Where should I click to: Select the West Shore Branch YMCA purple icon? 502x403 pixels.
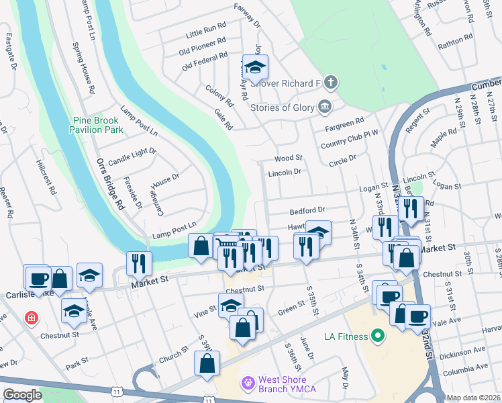[x=248, y=382]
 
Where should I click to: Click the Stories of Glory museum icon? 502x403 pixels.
[x=325, y=107]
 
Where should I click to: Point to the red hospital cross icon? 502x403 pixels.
[x=31, y=317]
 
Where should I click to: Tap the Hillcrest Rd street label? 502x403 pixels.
[x=46, y=177]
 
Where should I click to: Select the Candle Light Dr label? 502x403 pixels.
[x=132, y=156]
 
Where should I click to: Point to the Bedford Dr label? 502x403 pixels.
[x=307, y=210]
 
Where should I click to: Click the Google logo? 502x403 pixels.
[x=23, y=395]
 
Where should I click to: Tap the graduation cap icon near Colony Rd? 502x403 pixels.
[x=255, y=68]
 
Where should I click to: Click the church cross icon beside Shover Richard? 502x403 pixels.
[x=330, y=83]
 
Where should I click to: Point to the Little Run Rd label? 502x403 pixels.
[x=206, y=31]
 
